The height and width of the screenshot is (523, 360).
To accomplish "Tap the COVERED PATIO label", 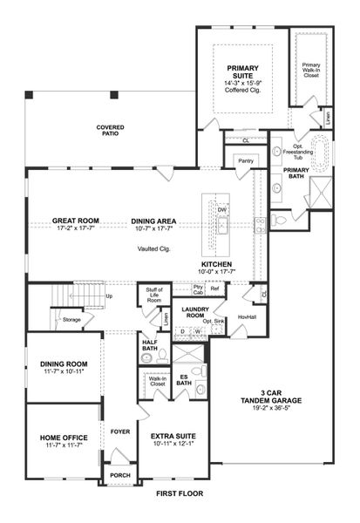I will coord(110,131).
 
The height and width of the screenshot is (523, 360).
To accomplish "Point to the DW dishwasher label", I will coord(222,210).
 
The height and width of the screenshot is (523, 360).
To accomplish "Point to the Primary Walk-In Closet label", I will coord(311,70).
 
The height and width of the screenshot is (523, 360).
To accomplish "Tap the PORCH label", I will coord(118,475).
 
